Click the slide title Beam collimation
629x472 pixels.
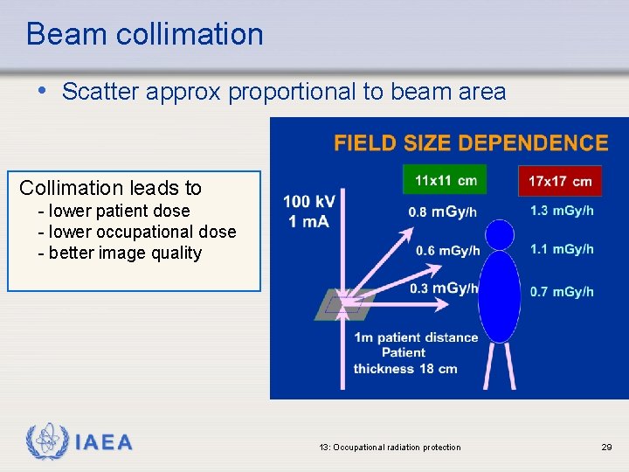click(144, 34)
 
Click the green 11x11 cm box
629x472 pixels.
click(445, 181)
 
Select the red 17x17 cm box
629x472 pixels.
click(560, 182)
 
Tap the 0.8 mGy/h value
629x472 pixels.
click(442, 212)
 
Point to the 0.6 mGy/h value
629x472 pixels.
click(447, 251)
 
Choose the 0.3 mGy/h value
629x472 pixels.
click(444, 288)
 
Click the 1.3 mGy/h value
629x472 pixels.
click(562, 211)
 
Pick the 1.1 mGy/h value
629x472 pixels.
click(562, 249)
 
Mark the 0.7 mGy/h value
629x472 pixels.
click(562, 291)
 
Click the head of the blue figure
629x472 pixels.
click(500, 234)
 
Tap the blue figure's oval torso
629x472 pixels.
click(500, 296)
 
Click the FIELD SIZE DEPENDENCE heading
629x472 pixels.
click(471, 143)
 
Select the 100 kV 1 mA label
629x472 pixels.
click(308, 212)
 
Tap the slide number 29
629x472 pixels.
click(606, 448)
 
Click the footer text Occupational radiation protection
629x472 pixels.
click(390, 448)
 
